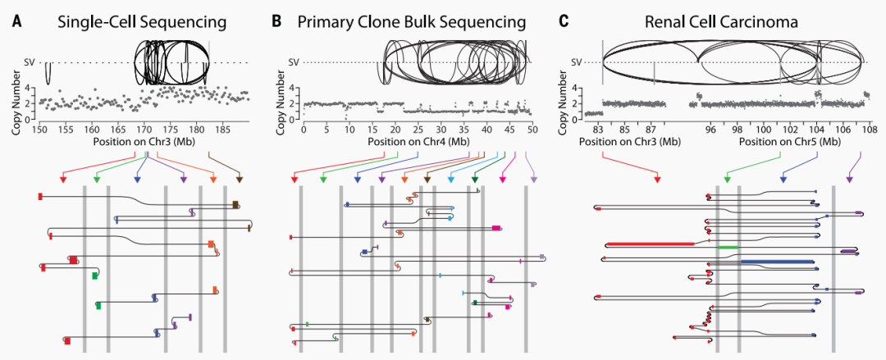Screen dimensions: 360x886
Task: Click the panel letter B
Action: pos(276,19)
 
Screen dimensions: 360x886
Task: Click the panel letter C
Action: pos(563,19)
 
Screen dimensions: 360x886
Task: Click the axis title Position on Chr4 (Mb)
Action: pos(418,141)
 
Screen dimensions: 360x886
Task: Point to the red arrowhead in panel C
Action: pos(657,180)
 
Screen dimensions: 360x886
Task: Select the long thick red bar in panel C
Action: pos(655,244)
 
